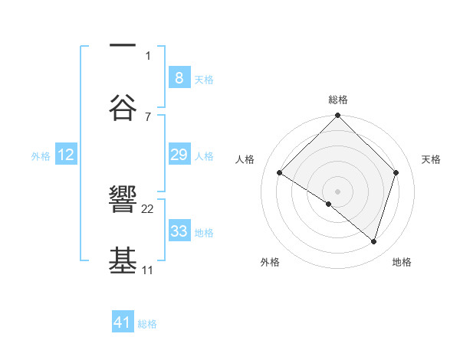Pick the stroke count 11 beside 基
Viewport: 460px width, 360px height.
pos(147,270)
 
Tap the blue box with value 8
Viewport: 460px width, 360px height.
pos(179,77)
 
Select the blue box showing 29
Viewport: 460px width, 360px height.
pos(179,155)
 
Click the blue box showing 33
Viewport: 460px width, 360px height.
pos(179,231)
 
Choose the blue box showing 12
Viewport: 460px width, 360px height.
pos(66,155)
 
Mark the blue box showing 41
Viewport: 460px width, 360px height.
pos(123,322)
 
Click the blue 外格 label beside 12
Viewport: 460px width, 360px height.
pos(41,155)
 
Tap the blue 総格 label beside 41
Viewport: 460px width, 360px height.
pos(147,323)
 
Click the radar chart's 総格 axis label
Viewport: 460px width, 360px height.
pos(338,100)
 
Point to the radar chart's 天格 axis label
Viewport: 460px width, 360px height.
pos(431,159)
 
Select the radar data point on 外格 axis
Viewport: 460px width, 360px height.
pos(328,204)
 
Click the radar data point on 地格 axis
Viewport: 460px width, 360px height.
pos(373,241)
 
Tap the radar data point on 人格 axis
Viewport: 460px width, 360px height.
pos(280,172)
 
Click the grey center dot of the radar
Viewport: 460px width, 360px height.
pos(338,191)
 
